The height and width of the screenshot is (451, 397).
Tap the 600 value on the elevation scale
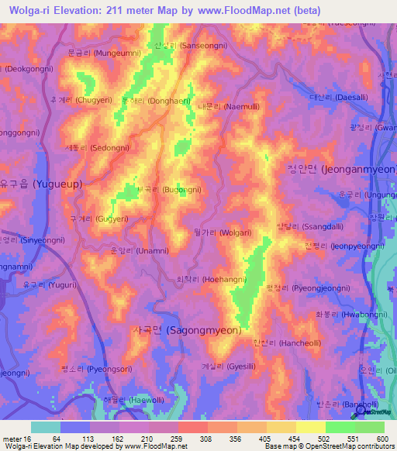[381, 439]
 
